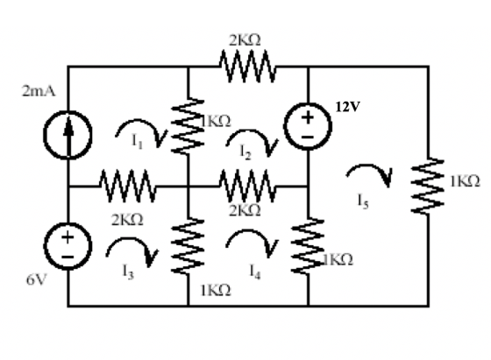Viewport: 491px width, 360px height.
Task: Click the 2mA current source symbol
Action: click(68, 135)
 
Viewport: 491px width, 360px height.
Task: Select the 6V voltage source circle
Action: click(68, 246)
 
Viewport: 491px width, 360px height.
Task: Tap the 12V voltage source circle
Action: click(308, 126)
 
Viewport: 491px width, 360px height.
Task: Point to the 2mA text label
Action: click(39, 91)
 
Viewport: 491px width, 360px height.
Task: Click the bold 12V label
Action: click(348, 107)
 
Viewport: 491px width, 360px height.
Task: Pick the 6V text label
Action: click(37, 279)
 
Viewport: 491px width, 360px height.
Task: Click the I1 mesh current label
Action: click(137, 141)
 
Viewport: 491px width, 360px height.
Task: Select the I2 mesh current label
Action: click(245, 152)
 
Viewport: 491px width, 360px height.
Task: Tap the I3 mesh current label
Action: click(128, 272)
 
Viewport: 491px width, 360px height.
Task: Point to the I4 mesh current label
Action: click(255, 272)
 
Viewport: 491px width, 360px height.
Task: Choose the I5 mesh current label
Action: click(363, 201)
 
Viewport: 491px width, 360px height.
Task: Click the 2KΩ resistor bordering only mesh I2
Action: click(247, 67)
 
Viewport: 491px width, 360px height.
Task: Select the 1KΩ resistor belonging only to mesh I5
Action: click(428, 186)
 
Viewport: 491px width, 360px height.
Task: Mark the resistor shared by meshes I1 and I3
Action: click(127, 186)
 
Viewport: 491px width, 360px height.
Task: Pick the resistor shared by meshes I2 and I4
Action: click(247, 186)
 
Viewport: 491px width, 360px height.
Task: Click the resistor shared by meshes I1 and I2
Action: click(188, 126)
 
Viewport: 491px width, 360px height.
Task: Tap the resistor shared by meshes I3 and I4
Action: click(188, 246)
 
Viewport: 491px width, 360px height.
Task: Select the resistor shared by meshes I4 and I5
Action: click(308, 246)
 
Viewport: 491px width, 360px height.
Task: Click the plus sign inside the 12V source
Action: click(308, 117)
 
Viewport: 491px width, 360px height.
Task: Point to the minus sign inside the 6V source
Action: click(68, 258)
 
